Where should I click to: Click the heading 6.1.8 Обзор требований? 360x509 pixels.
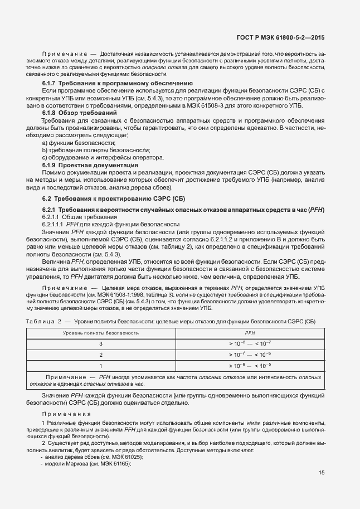point(80,113)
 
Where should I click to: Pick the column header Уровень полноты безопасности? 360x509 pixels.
point(100,332)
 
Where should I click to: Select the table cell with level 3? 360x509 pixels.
point(101,343)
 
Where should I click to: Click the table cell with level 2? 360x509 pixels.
point(101,354)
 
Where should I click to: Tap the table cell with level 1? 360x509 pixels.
point(101,365)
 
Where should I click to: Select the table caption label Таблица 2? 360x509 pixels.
point(45,322)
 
